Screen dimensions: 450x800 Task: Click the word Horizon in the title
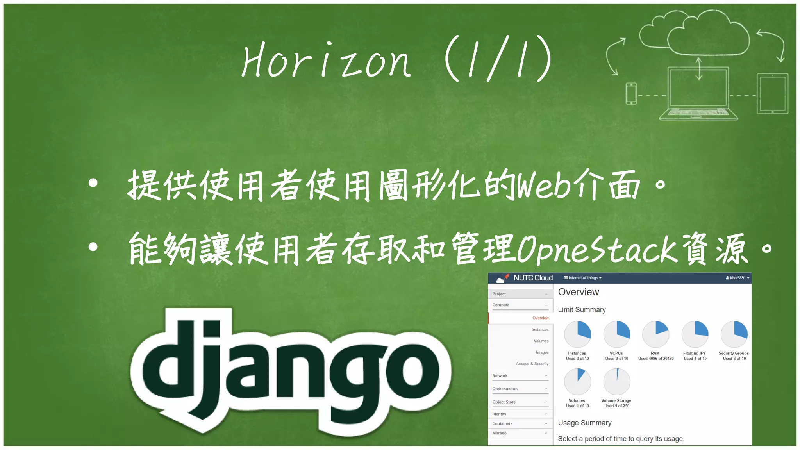pos(326,61)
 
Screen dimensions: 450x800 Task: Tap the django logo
pos(291,371)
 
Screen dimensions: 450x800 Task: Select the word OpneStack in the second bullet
pos(597,249)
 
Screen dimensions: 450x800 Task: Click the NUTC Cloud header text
pos(533,278)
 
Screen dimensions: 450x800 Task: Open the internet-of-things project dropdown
pos(583,278)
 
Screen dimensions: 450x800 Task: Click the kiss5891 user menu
pos(737,278)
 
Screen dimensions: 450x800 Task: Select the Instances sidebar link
pos(540,330)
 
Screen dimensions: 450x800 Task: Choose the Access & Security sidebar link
pos(532,364)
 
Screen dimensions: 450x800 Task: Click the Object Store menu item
pos(504,402)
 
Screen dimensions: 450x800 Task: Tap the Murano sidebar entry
pos(499,433)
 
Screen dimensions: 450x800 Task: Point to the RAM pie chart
pos(656,334)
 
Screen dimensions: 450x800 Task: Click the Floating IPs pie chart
pos(695,334)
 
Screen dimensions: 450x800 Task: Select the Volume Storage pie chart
pos(617,382)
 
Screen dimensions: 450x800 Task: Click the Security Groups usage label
pos(734,355)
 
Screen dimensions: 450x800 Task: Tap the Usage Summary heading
pos(584,423)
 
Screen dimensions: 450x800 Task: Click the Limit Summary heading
pos(582,310)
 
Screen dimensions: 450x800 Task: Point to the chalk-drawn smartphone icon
pos(631,94)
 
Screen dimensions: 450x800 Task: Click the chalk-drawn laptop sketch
pos(698,94)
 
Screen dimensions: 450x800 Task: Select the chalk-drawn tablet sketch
pos(772,94)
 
